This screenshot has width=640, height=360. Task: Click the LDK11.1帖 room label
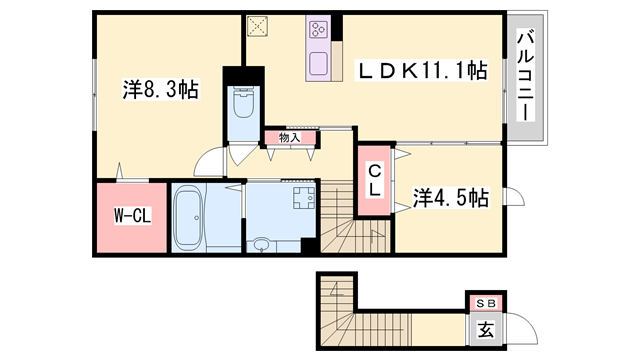coord(422,71)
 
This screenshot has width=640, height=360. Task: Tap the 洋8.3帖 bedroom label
coord(160,89)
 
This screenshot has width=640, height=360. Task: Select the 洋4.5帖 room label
coord(451,198)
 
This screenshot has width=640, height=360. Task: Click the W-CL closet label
coord(132,215)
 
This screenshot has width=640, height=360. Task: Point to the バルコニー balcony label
coord(526,75)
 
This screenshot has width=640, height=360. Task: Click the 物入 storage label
coord(289,138)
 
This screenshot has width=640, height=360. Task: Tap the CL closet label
coord(374,180)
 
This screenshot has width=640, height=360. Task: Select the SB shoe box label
coord(486,303)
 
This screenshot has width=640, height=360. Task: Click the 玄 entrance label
coord(486,329)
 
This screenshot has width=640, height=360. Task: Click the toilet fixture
coord(243,102)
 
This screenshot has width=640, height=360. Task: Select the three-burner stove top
coord(318,29)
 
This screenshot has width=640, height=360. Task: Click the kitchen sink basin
coord(318,64)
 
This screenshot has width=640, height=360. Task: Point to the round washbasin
coord(260,245)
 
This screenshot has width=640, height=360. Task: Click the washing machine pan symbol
coord(304,198)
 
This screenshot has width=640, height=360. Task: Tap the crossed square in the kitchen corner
coord(257,27)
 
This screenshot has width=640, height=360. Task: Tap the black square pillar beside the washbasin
coord(309,246)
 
